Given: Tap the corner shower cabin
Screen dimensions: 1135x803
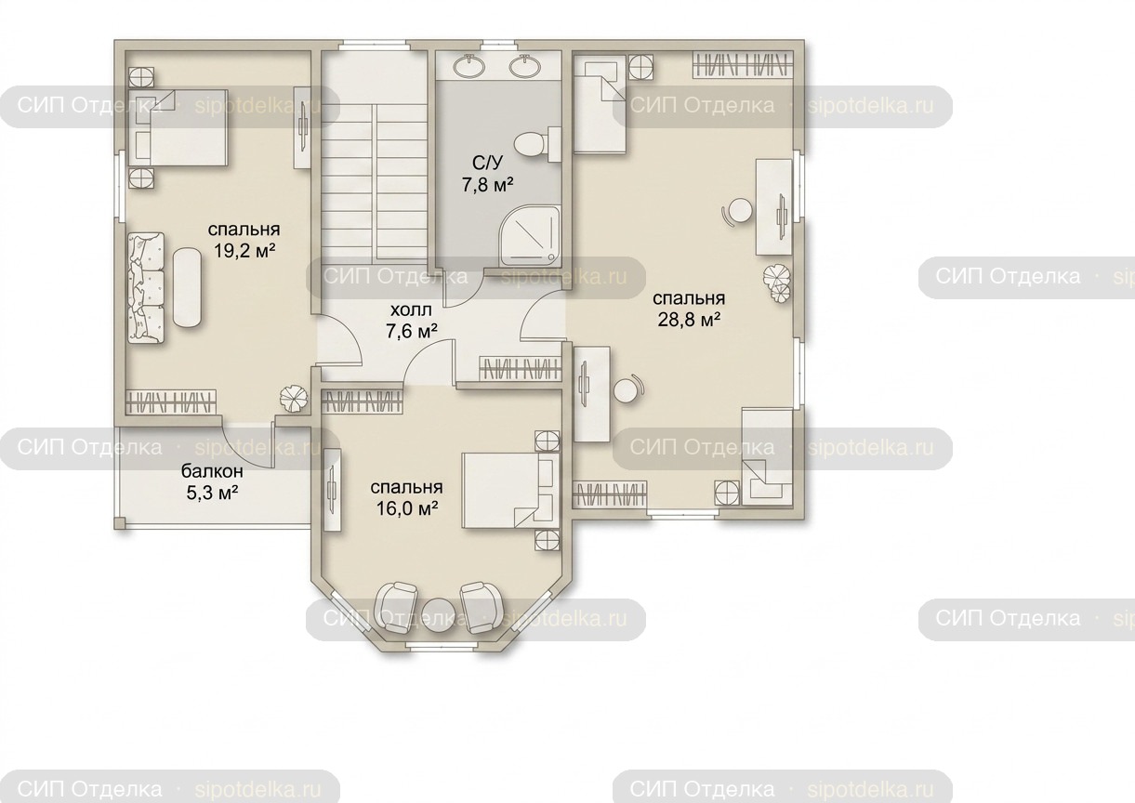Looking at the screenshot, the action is click(531, 236).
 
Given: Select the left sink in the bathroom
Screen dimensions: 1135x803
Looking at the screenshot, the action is click(469, 66).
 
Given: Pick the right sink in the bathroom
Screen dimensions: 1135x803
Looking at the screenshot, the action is click(524, 66).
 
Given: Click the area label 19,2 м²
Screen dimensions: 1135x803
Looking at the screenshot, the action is click(244, 250).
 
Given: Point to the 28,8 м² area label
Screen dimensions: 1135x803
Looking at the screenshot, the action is click(689, 320).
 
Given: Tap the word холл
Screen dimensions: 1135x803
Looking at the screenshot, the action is click(411, 309).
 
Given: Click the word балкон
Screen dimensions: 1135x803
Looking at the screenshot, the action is click(212, 471).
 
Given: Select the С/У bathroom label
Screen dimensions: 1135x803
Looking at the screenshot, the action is click(487, 163).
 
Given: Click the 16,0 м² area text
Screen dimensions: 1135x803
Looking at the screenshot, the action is click(407, 508).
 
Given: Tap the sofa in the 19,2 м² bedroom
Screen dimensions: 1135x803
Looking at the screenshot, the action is click(146, 288).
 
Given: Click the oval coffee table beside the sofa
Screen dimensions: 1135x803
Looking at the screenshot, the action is click(188, 287).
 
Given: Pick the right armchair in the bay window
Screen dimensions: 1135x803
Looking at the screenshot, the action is click(482, 607).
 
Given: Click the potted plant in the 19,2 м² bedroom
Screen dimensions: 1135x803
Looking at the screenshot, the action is click(294, 398).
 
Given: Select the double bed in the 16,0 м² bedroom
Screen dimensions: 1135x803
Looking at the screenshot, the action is click(511, 491).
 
